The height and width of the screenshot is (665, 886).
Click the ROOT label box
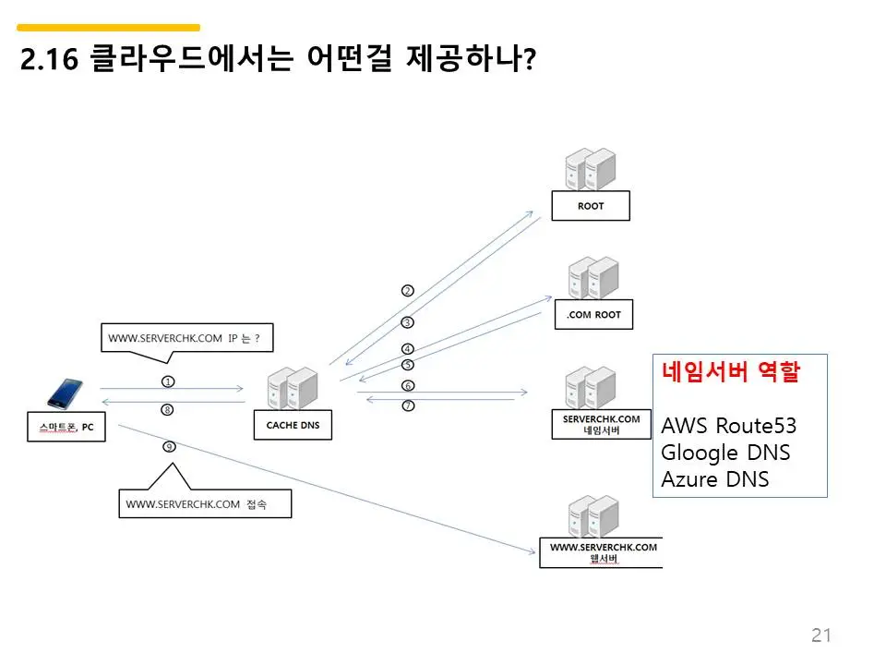tap(590, 206)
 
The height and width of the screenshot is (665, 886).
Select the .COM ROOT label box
tap(593, 315)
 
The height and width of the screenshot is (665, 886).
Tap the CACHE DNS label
tap(293, 425)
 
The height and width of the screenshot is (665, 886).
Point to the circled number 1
tap(168, 381)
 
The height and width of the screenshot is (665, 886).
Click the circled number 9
tap(169, 446)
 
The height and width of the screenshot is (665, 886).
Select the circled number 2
tap(407, 290)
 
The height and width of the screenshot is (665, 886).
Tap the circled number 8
tap(167, 409)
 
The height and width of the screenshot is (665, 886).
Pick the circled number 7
tap(408, 405)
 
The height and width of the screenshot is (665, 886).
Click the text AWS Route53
tap(728, 426)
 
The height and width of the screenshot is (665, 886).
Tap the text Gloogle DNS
tap(725, 453)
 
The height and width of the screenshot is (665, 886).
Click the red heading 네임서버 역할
tap(730, 373)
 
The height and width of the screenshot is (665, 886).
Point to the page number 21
tap(820, 635)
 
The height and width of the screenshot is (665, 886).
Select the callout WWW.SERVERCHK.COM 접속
tap(204, 504)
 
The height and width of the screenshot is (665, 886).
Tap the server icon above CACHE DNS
tap(292, 388)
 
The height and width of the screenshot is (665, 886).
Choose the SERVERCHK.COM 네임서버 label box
tap(601, 424)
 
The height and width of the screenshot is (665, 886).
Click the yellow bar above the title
tap(108, 28)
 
